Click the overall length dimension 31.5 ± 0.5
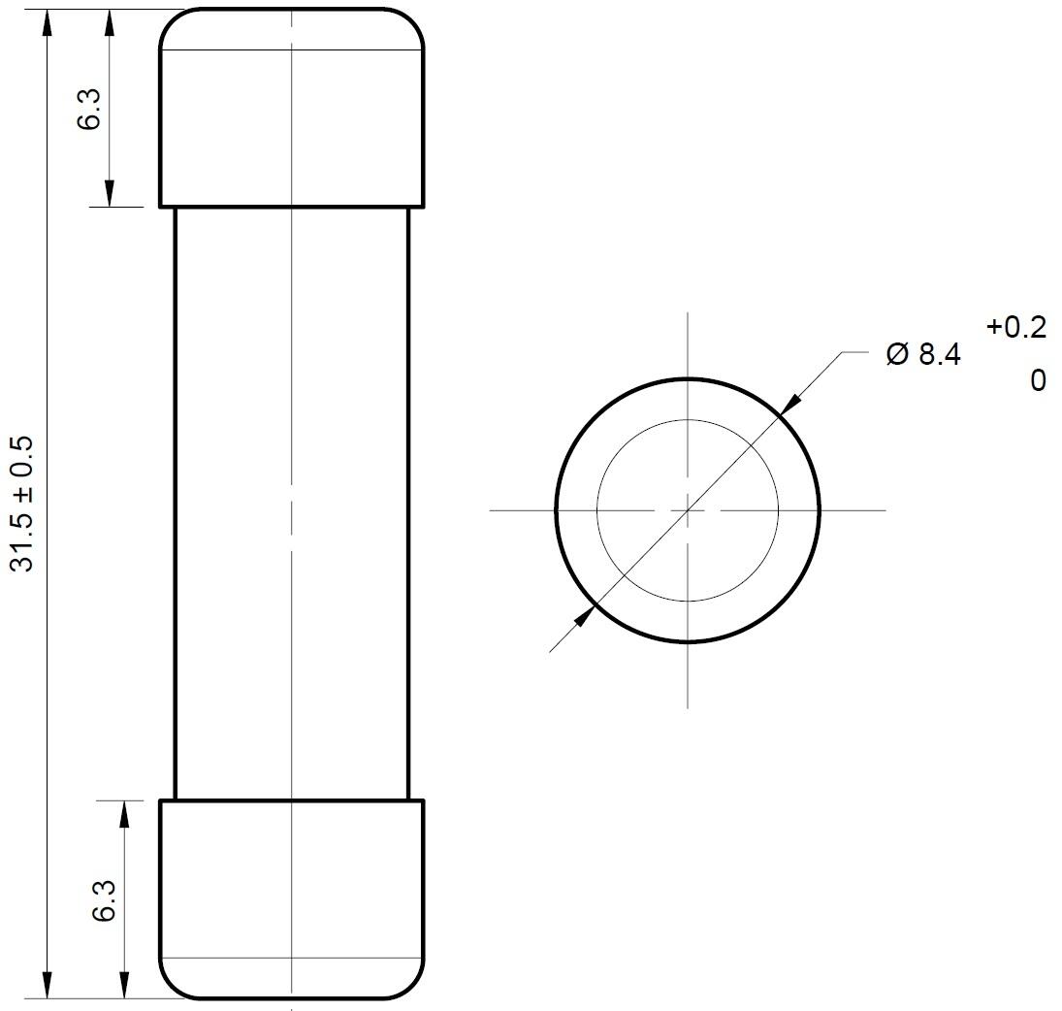point(22,504)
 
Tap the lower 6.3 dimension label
point(104,900)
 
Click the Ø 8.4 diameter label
point(922,355)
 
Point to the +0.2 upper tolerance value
point(1015,328)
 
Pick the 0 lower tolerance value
point(1038,380)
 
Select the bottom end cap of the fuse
point(291,898)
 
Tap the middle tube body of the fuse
point(291,504)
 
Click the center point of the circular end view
point(688,509)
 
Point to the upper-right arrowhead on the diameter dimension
point(789,404)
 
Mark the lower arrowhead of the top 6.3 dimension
point(110,194)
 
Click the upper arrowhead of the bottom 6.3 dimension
point(123,813)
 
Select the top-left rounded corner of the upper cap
point(171,19)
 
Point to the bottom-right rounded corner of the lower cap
point(413,987)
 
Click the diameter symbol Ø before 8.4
point(897,355)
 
